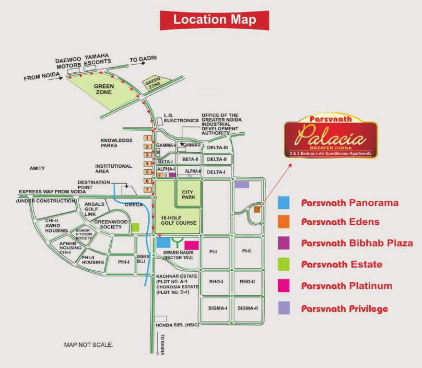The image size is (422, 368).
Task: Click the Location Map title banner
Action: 214,20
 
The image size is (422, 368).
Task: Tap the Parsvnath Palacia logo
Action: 330,137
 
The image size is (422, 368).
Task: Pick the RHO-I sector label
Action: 216,281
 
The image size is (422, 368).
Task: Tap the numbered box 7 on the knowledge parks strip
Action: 148,190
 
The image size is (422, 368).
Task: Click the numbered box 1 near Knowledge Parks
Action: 148,138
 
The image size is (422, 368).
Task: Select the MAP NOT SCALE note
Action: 89,345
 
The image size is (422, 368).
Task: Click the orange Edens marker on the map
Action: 258,209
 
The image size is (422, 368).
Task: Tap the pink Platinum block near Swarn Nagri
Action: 191,245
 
